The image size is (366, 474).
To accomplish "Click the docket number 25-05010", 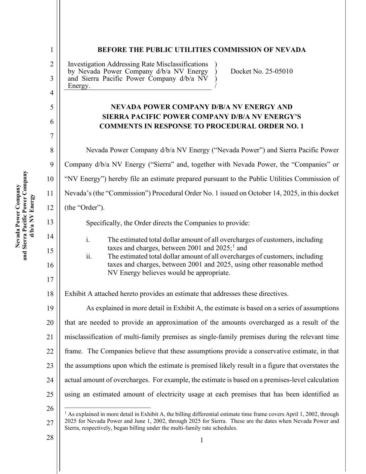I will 279,71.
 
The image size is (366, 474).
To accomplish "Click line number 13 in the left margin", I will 50,222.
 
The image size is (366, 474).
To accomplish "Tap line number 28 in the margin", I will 50,437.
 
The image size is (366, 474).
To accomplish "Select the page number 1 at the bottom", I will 202,440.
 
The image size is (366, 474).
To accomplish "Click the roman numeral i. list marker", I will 88,240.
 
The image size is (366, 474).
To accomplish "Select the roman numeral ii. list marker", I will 89,256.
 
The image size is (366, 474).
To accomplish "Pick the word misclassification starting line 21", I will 93,337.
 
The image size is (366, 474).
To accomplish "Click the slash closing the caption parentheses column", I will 216,86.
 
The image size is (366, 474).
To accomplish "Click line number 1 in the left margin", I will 52,50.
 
